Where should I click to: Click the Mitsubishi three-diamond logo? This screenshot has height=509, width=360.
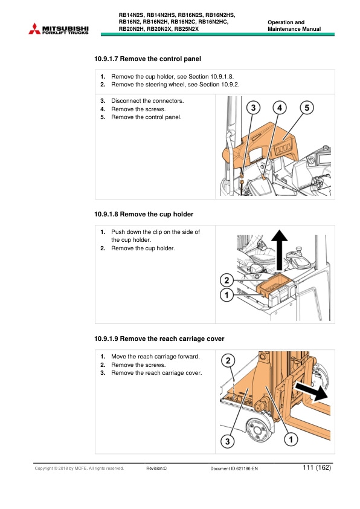click(x=34, y=28)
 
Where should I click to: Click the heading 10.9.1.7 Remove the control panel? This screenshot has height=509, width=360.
click(x=147, y=59)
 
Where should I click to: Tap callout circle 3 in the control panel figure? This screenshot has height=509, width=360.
click(x=253, y=108)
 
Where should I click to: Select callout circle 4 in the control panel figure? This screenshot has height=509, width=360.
click(x=280, y=108)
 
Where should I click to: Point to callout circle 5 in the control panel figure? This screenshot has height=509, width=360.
click(x=307, y=108)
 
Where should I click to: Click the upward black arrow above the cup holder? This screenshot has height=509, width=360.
click(x=279, y=250)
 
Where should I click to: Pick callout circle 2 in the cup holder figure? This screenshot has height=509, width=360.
click(x=227, y=280)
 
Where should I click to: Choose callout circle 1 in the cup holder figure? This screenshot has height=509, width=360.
click(x=227, y=295)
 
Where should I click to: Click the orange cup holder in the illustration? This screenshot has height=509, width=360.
click(x=274, y=286)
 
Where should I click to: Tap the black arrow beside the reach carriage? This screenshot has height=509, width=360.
click(x=310, y=391)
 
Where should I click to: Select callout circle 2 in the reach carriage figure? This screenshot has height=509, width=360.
click(x=228, y=360)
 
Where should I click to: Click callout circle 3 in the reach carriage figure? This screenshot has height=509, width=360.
click(x=227, y=441)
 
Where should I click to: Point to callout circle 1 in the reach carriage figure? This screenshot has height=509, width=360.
click(x=291, y=439)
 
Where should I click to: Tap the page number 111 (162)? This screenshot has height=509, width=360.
click(x=317, y=467)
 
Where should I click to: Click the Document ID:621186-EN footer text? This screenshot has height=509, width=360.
click(x=234, y=468)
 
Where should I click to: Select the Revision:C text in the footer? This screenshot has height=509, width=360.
click(x=156, y=468)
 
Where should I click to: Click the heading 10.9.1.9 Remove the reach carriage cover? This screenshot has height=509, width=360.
click(x=159, y=339)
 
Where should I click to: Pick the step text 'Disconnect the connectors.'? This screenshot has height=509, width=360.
click(x=147, y=100)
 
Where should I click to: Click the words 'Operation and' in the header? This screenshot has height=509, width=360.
click(x=286, y=22)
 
